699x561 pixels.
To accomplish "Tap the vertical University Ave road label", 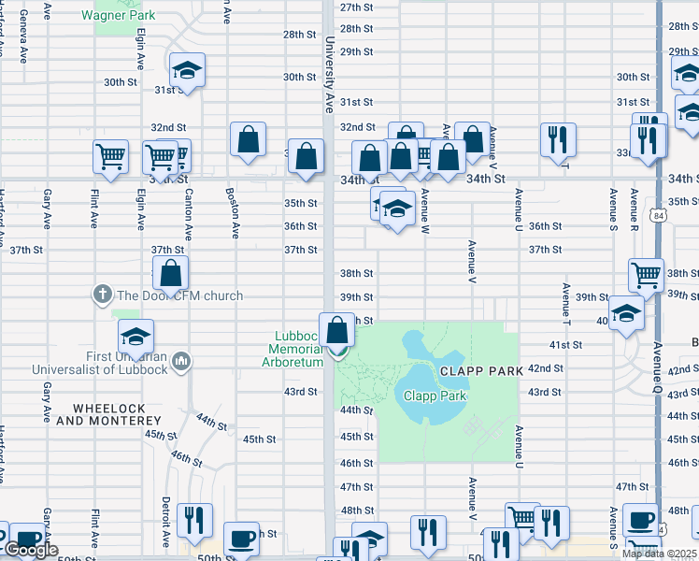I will pyautogui.click(x=330, y=75).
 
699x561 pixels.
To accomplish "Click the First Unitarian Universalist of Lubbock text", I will pyautogui.click(x=100, y=362).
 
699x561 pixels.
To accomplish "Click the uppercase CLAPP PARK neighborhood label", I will pyautogui.click(x=481, y=371).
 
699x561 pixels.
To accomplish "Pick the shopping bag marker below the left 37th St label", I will pyautogui.click(x=170, y=274).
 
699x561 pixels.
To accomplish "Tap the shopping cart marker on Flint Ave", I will pyautogui.click(x=110, y=156).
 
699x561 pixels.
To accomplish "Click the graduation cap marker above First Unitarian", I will pyautogui.click(x=136, y=336).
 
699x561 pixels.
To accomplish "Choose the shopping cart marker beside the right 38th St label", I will pyautogui.click(x=646, y=275).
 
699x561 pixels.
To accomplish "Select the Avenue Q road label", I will pyautogui.click(x=658, y=366).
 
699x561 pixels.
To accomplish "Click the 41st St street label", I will pyautogui.click(x=565, y=345).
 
